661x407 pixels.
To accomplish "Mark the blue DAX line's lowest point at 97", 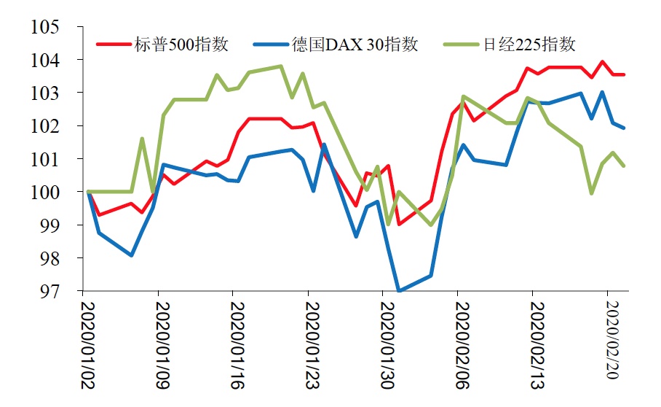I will point(399,291).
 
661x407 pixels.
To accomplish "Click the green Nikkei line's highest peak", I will point(281,66).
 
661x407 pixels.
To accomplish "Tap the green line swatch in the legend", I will point(462,44).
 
